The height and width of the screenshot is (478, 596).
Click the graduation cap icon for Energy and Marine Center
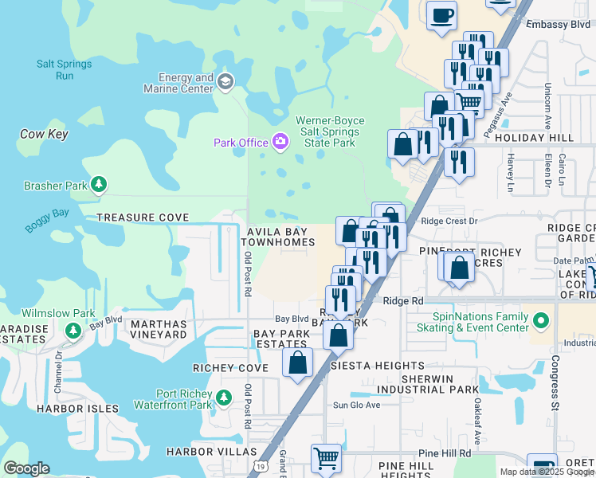(x=225, y=80)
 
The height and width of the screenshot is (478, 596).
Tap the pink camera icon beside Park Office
(x=280, y=142)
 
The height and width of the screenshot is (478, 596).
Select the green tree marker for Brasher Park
(x=99, y=186)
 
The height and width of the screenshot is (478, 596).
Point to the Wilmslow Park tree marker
(x=73, y=329)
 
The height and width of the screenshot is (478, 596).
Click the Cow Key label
(x=44, y=135)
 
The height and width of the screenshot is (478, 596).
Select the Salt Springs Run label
(x=64, y=69)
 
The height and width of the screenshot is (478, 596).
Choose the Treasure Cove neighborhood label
(x=143, y=217)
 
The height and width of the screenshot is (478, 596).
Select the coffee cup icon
(x=441, y=15)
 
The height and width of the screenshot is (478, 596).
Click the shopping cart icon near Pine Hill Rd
(x=326, y=458)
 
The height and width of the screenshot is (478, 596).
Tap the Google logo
(x=26, y=468)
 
